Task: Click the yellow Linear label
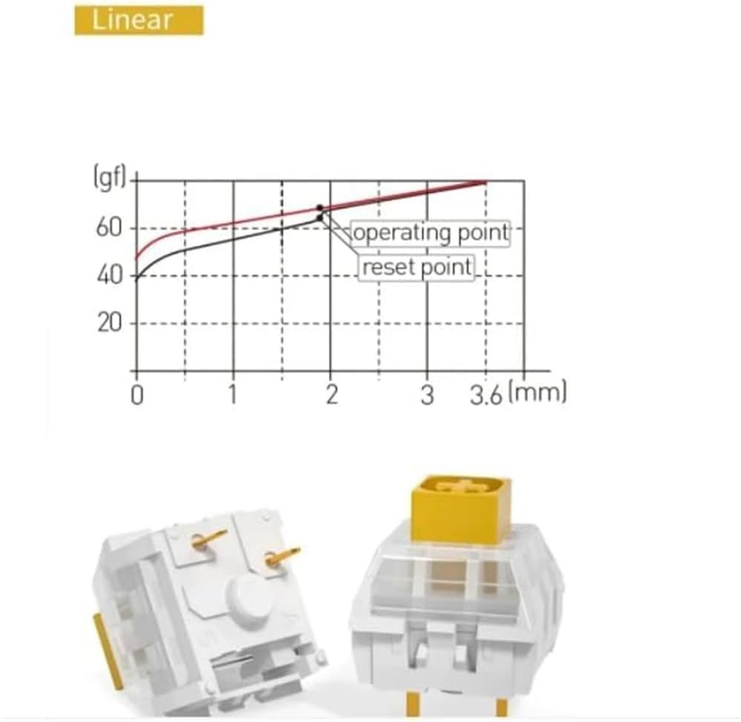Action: [139, 20]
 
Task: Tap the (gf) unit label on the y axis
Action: [110, 178]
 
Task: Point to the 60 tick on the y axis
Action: [109, 228]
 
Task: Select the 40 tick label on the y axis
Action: [109, 275]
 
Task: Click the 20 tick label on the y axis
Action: [109, 323]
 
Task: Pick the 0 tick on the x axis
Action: [137, 395]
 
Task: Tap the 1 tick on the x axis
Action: [232, 394]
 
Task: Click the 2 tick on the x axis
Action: [332, 394]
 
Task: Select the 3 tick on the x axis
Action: [427, 395]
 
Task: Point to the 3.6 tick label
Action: [486, 396]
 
